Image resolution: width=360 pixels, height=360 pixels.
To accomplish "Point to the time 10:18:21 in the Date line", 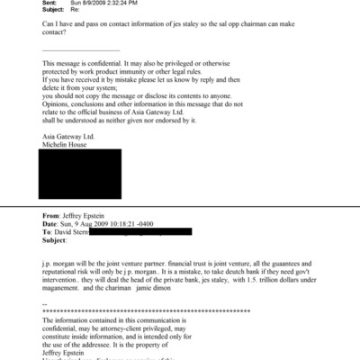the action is (x=151, y=225).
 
